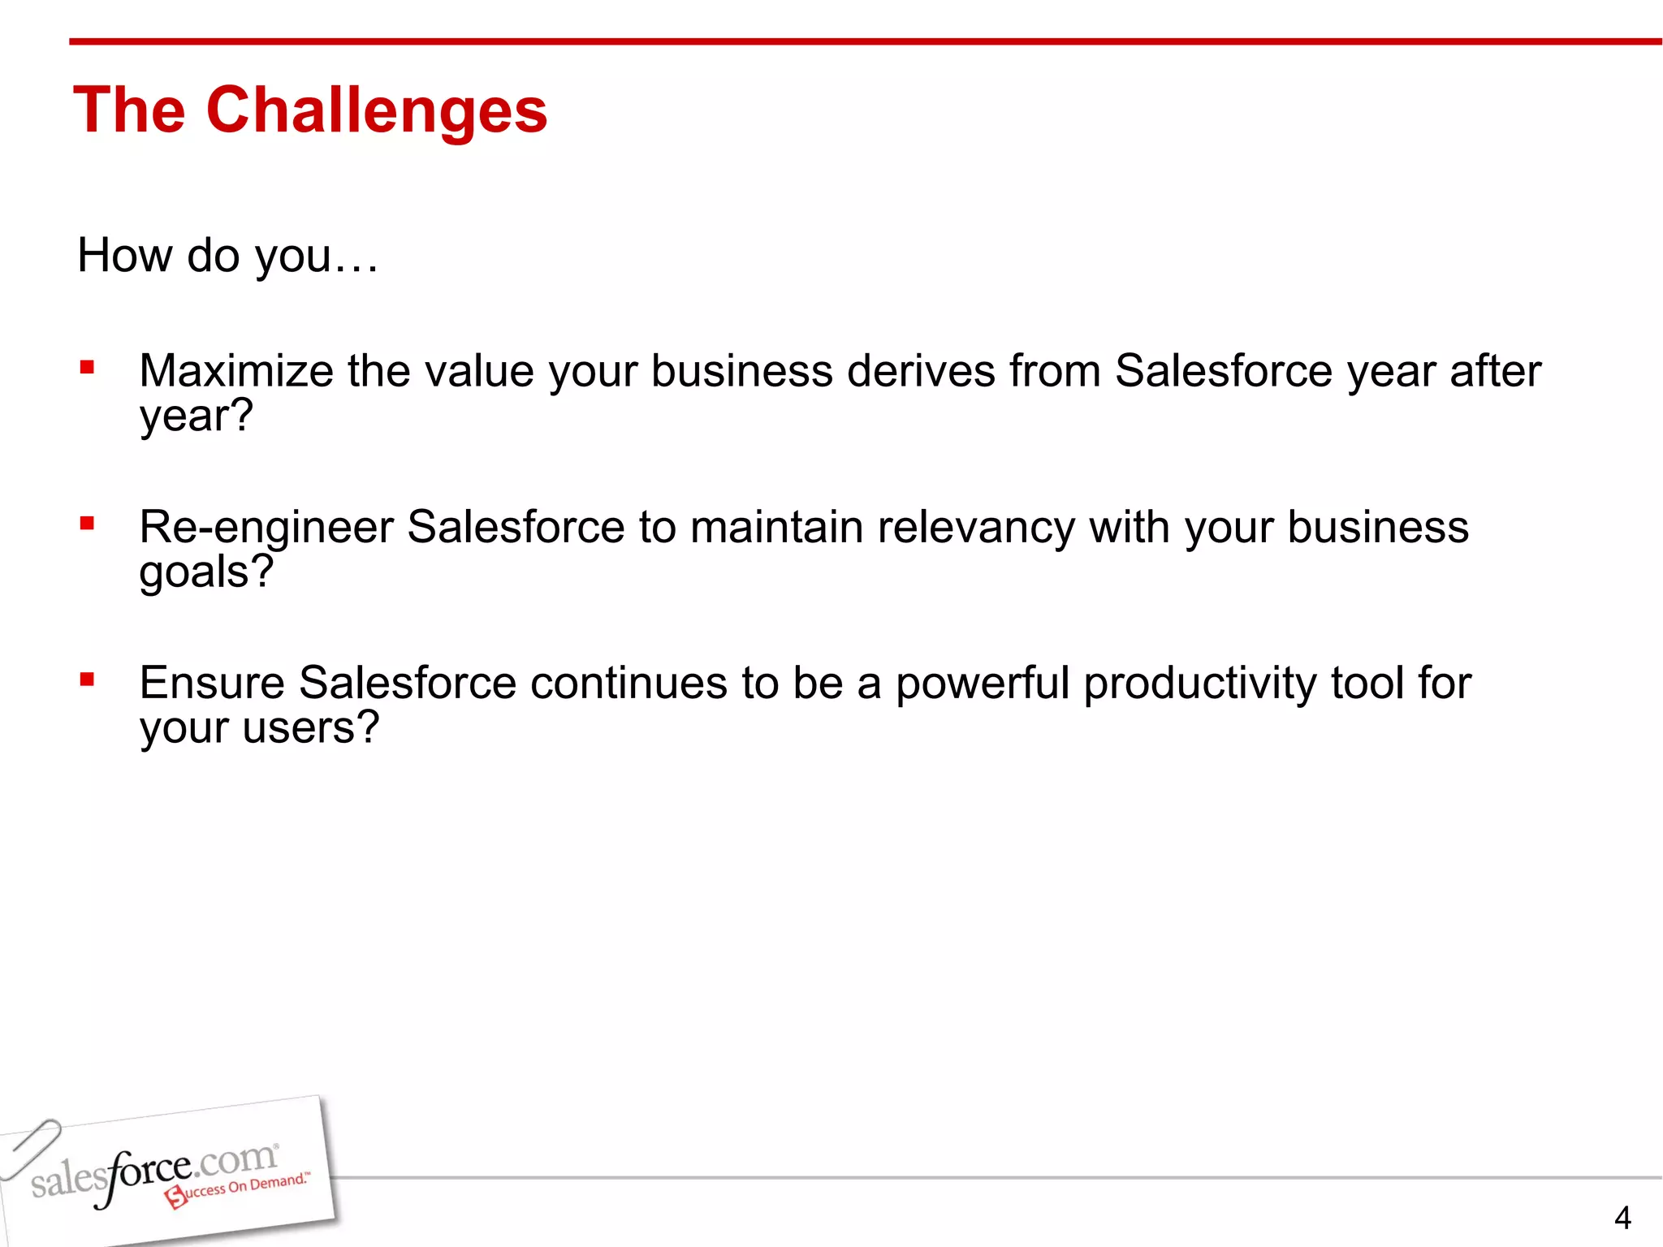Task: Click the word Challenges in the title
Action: tap(377, 111)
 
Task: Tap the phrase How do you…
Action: tap(227, 256)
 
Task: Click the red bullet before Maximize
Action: tap(87, 368)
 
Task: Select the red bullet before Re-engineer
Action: tap(87, 524)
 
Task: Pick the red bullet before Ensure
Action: tap(87, 680)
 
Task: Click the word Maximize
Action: tap(235, 371)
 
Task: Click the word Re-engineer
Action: tap(266, 527)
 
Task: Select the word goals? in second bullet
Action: tap(206, 572)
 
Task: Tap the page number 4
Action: tap(1622, 1218)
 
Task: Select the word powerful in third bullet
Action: tap(983, 683)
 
